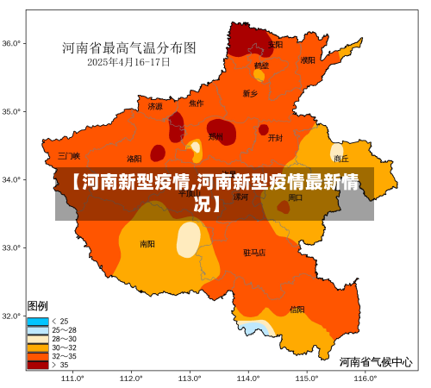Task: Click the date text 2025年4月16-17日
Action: tap(129, 62)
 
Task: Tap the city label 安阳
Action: tap(275, 44)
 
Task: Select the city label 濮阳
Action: tap(308, 60)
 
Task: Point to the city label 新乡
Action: tap(250, 93)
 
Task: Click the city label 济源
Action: tap(155, 107)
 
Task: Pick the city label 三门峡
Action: tap(69, 156)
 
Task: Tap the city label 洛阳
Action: tap(134, 159)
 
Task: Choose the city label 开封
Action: tap(275, 137)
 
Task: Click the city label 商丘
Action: tap(341, 159)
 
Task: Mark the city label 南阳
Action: tap(147, 244)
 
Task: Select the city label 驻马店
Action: tap(254, 253)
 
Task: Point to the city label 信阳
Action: tap(297, 309)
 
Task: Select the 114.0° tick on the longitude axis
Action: tap(248, 378)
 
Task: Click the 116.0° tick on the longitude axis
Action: tap(365, 378)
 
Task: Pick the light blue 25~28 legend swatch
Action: tap(38, 330)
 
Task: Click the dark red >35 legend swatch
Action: tap(38, 365)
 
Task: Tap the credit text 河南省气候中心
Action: tap(375, 362)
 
